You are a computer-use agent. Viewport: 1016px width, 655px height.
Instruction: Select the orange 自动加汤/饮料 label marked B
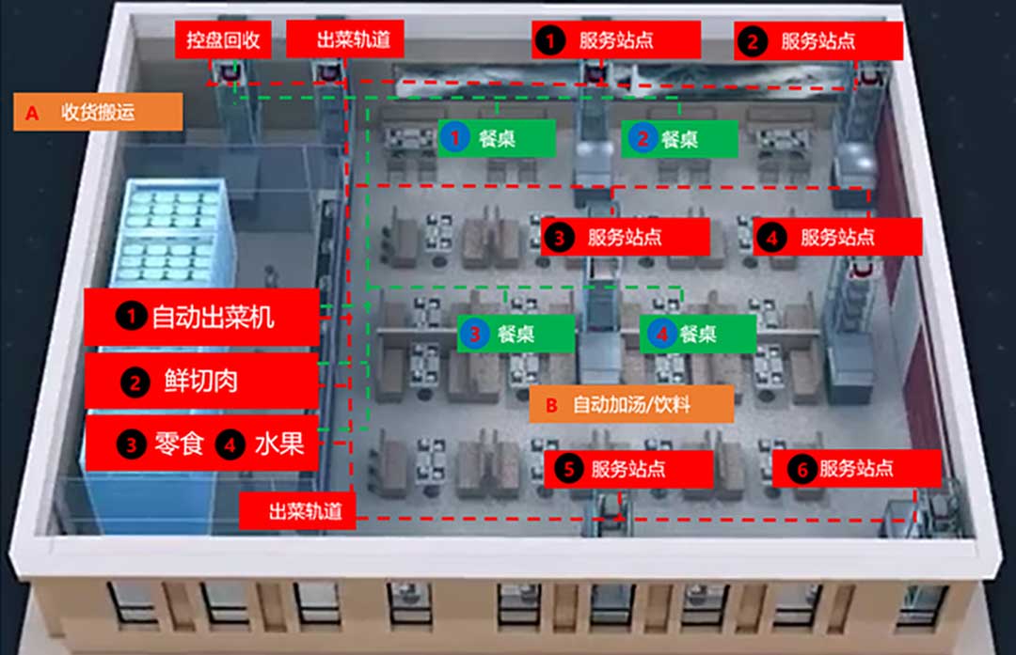[x=630, y=405]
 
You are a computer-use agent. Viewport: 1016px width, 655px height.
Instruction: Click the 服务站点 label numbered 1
[x=615, y=40]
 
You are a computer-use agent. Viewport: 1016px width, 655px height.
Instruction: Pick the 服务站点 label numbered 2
[x=818, y=41]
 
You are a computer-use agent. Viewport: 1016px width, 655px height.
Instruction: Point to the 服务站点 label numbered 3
[x=625, y=237]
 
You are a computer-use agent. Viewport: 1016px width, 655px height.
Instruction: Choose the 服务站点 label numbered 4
[x=836, y=237]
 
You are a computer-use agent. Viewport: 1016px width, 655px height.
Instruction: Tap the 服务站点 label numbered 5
[x=627, y=469]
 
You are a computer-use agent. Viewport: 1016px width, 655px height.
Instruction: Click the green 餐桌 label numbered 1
[x=496, y=139]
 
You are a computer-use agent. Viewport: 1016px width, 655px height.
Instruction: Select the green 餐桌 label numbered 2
[x=680, y=139]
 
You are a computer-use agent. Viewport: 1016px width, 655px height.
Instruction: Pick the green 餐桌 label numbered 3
[x=516, y=333]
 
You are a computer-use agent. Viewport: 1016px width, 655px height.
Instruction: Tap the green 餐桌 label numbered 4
[x=697, y=333]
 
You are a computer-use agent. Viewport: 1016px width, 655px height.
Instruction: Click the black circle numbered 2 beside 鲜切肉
[x=135, y=382]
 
